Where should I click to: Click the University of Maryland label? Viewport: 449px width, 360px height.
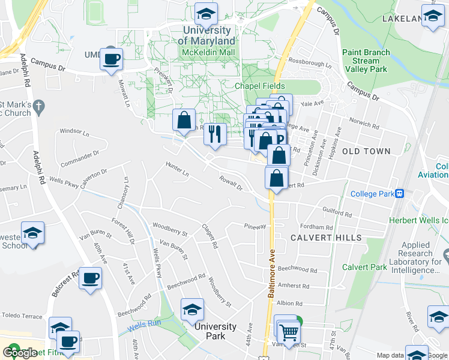click(206, 35)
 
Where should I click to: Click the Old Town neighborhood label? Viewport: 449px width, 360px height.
click(366, 151)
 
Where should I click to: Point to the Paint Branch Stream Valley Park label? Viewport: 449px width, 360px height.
click(366, 61)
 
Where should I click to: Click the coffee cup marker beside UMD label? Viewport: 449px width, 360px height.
click(112, 59)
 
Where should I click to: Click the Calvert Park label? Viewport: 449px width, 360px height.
click(364, 267)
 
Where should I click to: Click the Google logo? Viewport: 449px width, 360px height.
click(20, 353)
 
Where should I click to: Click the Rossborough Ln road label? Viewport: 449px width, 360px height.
click(310, 63)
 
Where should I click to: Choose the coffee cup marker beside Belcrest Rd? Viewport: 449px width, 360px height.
click(91, 278)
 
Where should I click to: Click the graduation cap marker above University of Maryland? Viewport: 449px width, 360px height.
click(206, 14)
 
